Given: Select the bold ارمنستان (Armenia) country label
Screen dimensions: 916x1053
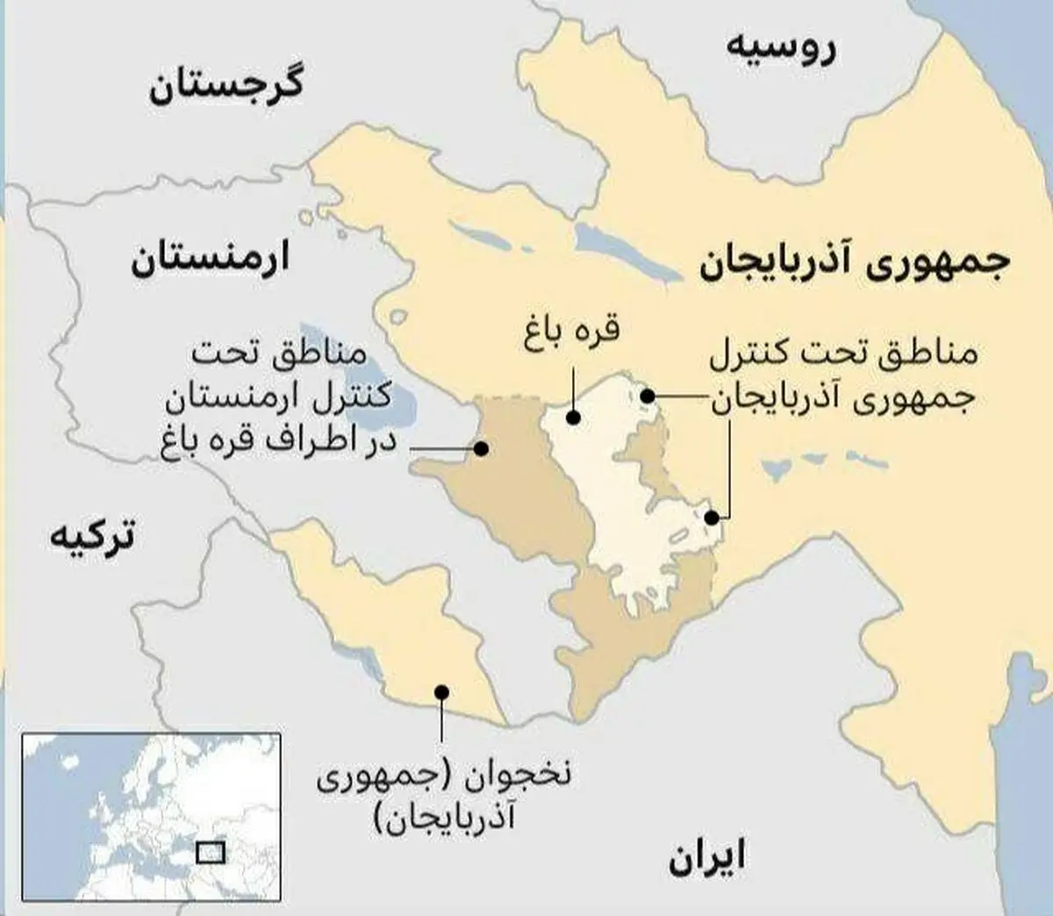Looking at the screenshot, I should tap(210, 261).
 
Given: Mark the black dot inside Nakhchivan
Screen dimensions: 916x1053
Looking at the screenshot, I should tap(441, 691).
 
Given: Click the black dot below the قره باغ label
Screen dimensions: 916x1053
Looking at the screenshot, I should tap(572, 418).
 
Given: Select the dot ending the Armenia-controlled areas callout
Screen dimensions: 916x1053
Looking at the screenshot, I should tap(481, 448).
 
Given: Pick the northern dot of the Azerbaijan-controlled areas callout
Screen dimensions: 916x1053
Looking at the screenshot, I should tap(647, 397).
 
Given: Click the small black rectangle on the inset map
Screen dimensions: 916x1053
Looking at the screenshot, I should tap(211, 851).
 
